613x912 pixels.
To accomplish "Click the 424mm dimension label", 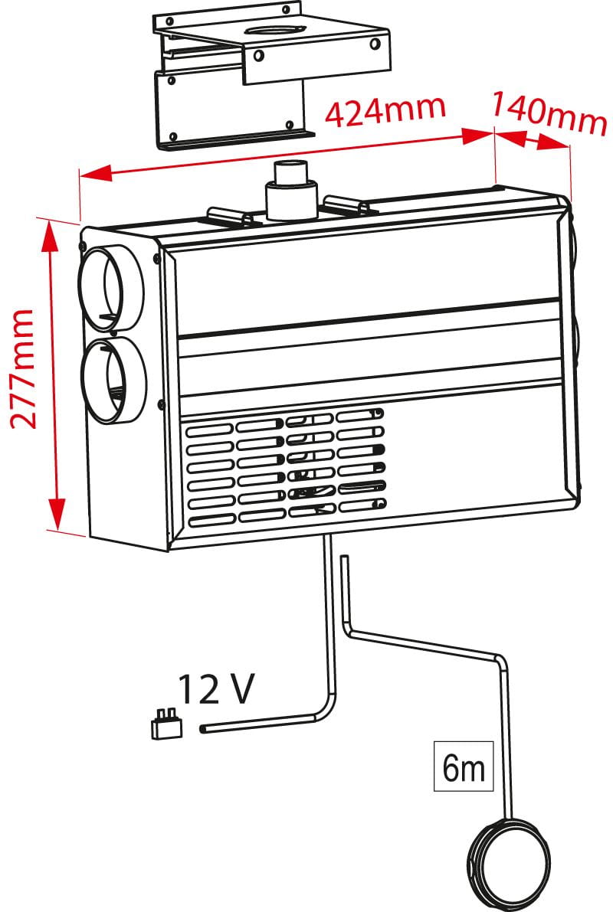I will tap(385, 110).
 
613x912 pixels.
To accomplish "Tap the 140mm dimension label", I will tap(549, 113).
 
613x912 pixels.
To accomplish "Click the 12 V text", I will tap(215, 690).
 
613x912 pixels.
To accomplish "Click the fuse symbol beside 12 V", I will tap(167, 724).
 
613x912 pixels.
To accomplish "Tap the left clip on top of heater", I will tap(228, 215).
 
